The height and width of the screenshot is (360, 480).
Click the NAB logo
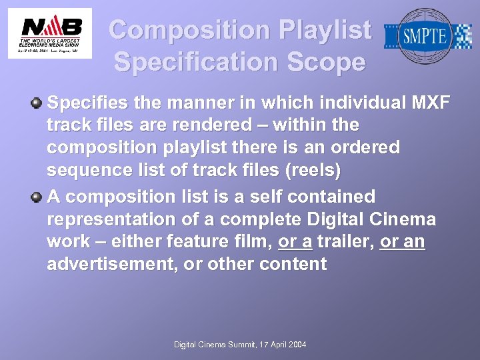point(50,33)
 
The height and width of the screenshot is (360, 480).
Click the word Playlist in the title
point(325,30)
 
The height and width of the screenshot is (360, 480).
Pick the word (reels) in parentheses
point(313,170)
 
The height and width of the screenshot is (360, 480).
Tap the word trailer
point(345,241)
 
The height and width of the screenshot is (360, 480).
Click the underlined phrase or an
point(402,241)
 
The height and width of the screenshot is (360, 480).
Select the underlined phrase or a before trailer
point(295,241)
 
